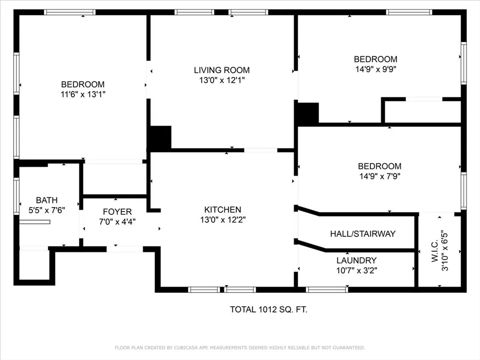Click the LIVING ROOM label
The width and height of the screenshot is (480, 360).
(222, 70)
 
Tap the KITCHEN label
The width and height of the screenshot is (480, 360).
(222, 210)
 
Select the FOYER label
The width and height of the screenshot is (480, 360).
(117, 212)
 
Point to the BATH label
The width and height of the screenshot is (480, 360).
(46, 201)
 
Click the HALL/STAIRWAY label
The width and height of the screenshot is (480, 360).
(362, 233)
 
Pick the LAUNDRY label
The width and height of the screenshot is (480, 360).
(356, 260)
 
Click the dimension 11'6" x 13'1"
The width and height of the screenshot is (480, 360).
(82, 94)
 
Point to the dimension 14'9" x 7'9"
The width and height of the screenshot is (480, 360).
(379, 176)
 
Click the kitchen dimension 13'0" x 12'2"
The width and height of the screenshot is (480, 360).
(222, 220)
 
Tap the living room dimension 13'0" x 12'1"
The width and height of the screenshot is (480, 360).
(222, 80)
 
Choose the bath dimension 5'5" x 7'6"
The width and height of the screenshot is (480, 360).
(46, 210)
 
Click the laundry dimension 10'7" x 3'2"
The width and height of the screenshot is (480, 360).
(356, 270)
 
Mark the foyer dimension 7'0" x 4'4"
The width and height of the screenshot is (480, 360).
(117, 222)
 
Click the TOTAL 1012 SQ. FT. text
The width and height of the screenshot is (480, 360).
(269, 309)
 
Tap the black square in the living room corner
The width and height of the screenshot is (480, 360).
(160, 138)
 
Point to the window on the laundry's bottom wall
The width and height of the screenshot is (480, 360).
(327, 289)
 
